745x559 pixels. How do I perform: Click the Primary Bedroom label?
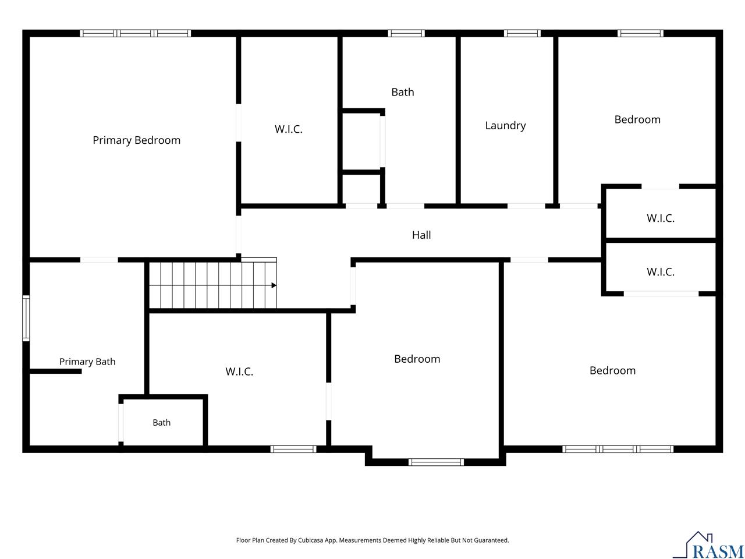(136, 140)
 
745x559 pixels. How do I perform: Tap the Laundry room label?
(505, 126)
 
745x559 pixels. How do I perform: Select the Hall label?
(421, 235)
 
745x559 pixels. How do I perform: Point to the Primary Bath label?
(87, 362)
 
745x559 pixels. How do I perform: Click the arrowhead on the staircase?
(274, 285)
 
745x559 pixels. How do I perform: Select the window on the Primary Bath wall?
(26, 318)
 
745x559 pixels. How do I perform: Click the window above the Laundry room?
(522, 33)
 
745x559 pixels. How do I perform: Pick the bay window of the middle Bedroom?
(436, 462)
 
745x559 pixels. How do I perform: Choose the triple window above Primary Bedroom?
(136, 33)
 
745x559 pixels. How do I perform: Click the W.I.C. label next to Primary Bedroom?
(289, 129)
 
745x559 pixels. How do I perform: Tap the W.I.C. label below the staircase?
(239, 372)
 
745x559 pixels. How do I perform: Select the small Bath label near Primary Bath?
(162, 423)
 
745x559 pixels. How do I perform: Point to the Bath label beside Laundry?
(403, 92)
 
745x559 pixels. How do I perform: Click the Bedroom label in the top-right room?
(637, 119)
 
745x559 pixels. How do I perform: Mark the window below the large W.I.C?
(293, 449)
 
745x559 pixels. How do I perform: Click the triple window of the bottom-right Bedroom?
(618, 449)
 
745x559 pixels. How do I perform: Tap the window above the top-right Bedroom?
(640, 33)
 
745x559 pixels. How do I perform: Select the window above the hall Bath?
(406, 33)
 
